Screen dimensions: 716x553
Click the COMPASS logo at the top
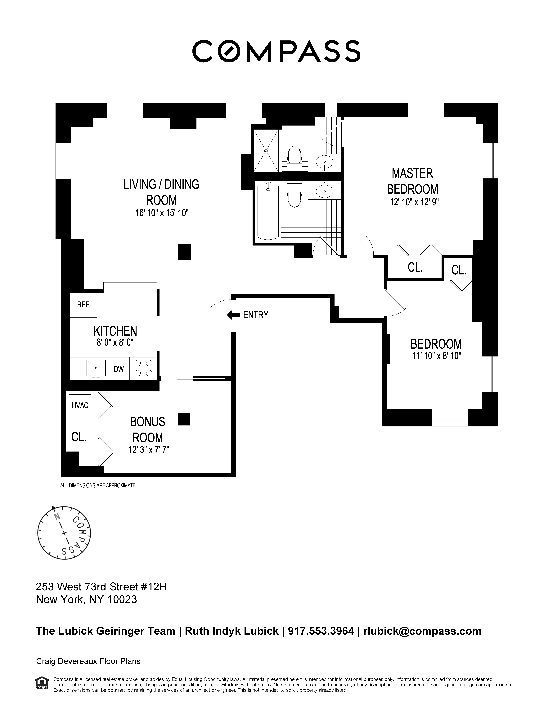(x=276, y=51)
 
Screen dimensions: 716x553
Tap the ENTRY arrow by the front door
(x=234, y=315)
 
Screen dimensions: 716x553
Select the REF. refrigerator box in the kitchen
(x=83, y=305)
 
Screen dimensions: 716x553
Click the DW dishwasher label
(x=119, y=369)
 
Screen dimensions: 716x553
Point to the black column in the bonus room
(x=184, y=419)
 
